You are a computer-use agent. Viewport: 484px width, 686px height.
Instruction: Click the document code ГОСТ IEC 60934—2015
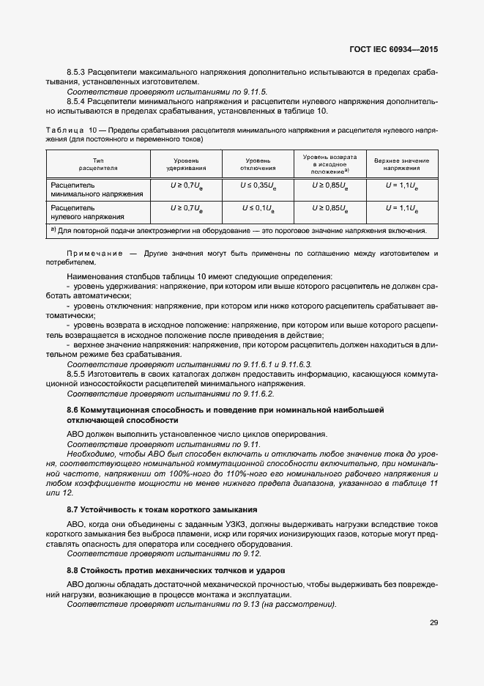point(395,50)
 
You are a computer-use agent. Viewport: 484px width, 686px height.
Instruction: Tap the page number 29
point(433,623)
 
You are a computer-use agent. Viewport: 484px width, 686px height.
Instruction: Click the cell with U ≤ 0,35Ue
point(258,186)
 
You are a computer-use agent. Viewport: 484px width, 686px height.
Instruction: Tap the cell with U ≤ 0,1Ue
point(258,208)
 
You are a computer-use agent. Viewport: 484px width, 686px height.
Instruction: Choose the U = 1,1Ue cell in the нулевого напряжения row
point(401,208)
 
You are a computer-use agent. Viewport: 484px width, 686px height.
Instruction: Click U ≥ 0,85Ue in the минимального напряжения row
point(330,186)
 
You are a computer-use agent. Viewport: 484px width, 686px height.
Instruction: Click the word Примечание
point(94,254)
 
